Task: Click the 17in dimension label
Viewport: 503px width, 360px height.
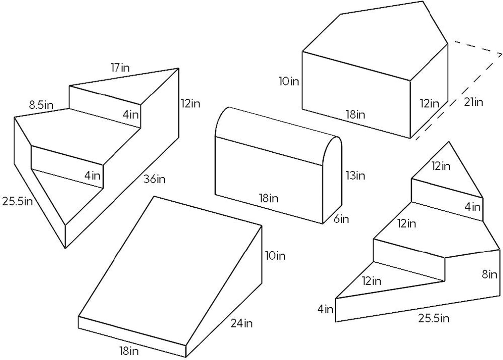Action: tap(120, 68)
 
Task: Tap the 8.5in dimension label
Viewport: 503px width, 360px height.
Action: tap(41, 105)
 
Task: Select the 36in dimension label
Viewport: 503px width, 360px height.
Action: tap(154, 179)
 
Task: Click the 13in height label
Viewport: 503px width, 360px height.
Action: tap(355, 175)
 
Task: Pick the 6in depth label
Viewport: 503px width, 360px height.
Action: tap(341, 219)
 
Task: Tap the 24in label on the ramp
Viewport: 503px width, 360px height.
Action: tap(241, 323)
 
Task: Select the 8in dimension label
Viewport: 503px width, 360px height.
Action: tap(489, 274)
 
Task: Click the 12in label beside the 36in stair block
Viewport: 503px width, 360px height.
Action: tap(190, 104)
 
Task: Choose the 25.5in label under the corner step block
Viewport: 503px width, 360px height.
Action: tap(434, 318)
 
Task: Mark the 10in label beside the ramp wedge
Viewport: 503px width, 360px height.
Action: tap(275, 256)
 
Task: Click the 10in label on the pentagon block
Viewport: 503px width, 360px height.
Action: tap(289, 81)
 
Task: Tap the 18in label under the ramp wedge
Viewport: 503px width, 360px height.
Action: tap(129, 351)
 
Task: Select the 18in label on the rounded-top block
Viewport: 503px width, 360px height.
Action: tap(269, 198)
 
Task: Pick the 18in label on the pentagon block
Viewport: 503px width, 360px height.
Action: tap(355, 114)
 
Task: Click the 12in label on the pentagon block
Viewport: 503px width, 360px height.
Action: tap(430, 103)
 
